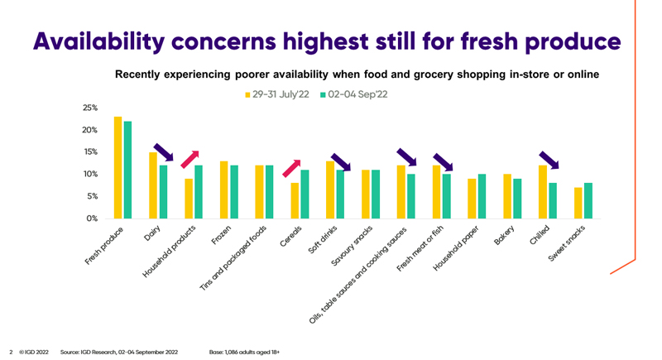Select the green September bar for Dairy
[x=163, y=192]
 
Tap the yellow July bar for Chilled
[x=543, y=192]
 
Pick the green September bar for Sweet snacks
[x=588, y=200]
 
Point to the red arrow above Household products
[x=191, y=160]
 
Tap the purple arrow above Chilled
[x=549, y=160]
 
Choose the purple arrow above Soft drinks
[x=339, y=161]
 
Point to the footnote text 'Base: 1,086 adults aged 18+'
[x=245, y=353]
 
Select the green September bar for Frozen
[x=233, y=192]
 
